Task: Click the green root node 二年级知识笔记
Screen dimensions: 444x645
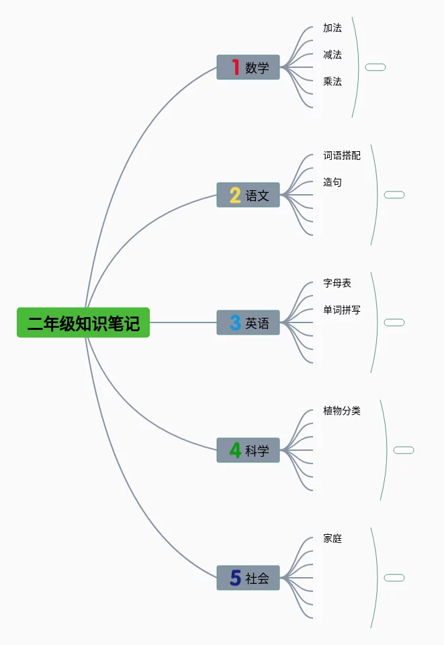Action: pos(83,322)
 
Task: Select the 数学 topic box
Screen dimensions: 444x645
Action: pos(248,67)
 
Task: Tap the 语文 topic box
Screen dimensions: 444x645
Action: pos(248,195)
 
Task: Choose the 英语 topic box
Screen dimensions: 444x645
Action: pos(248,322)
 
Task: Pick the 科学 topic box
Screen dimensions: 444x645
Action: pos(248,450)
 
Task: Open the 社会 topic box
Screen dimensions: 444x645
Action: pos(248,578)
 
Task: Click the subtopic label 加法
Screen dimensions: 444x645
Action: pos(332,28)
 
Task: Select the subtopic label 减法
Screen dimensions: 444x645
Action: pos(332,54)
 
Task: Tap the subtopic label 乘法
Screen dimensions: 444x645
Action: pos(332,81)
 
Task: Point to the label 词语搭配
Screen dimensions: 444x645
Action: pos(342,155)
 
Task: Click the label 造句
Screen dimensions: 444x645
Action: pos(332,182)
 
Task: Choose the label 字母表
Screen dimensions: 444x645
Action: pos(337,283)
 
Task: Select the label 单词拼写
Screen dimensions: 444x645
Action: pos(342,310)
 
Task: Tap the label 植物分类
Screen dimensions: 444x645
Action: pos(342,411)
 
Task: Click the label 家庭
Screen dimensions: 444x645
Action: pos(332,538)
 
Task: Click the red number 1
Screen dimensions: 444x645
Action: pos(236,67)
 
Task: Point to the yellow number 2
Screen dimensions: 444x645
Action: pos(235,195)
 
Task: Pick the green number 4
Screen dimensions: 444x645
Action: pos(235,450)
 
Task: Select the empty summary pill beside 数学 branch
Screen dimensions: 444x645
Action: pos(375,67)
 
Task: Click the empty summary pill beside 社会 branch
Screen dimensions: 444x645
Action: pos(394,578)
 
